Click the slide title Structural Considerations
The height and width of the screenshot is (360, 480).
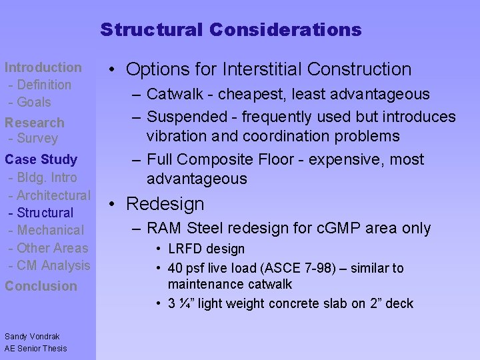[x=231, y=30]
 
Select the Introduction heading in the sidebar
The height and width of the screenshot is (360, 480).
[x=43, y=67]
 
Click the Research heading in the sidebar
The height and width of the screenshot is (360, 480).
[x=35, y=123]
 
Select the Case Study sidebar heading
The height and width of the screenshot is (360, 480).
[x=41, y=159]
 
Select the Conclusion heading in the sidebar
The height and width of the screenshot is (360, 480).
[x=41, y=286]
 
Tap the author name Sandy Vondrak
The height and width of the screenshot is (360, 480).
[x=32, y=337]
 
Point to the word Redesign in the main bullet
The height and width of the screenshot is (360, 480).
[x=165, y=204]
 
